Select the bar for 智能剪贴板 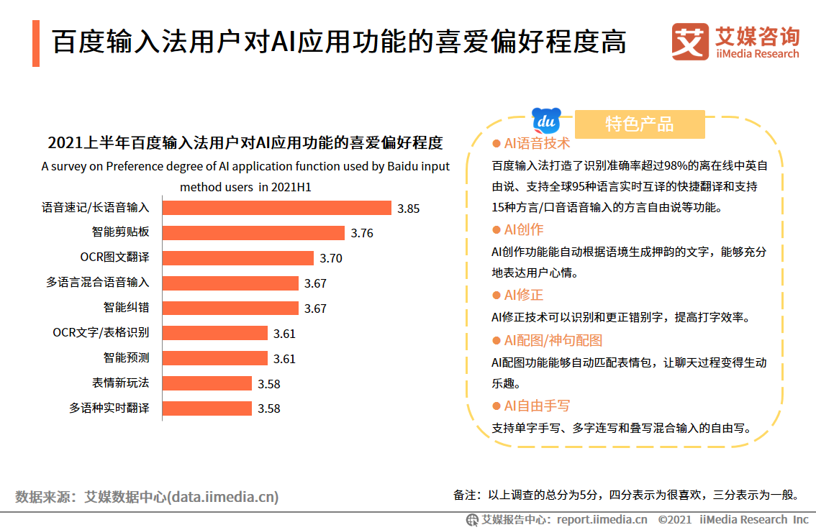[253, 233]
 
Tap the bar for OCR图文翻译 [238, 257]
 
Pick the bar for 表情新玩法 [207, 383]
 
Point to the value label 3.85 [408, 209]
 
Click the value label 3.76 [362, 233]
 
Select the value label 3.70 [331, 258]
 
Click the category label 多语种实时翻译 [109, 408]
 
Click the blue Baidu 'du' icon [546, 120]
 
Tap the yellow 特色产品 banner [640, 124]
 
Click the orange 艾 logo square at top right [689, 42]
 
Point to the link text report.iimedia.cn [602, 519]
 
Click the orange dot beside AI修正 [496, 295]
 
